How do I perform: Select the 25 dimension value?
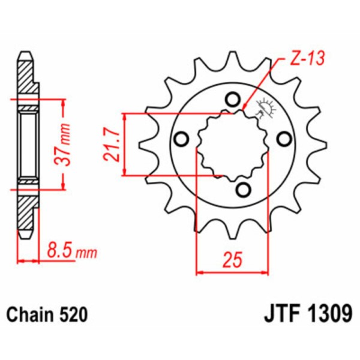[233, 260]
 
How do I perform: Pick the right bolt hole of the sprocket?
[283, 139]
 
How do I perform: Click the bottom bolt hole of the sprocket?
[242, 190]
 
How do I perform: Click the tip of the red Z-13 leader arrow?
[245, 109]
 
